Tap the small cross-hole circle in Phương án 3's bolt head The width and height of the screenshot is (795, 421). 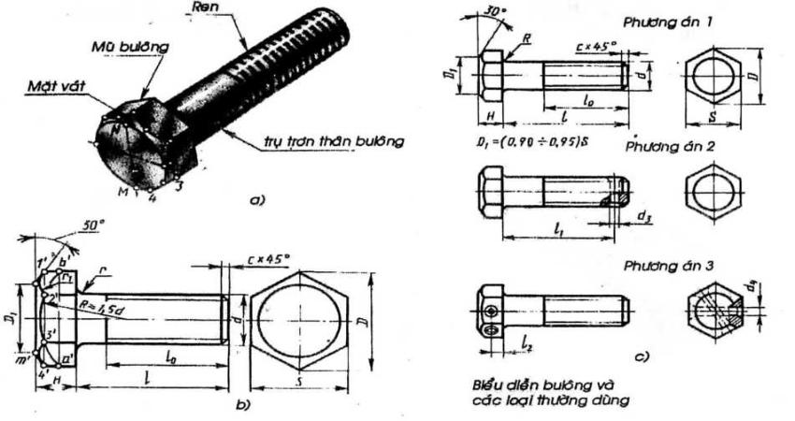tap(488, 310)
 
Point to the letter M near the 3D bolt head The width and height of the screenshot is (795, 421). tap(123, 190)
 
